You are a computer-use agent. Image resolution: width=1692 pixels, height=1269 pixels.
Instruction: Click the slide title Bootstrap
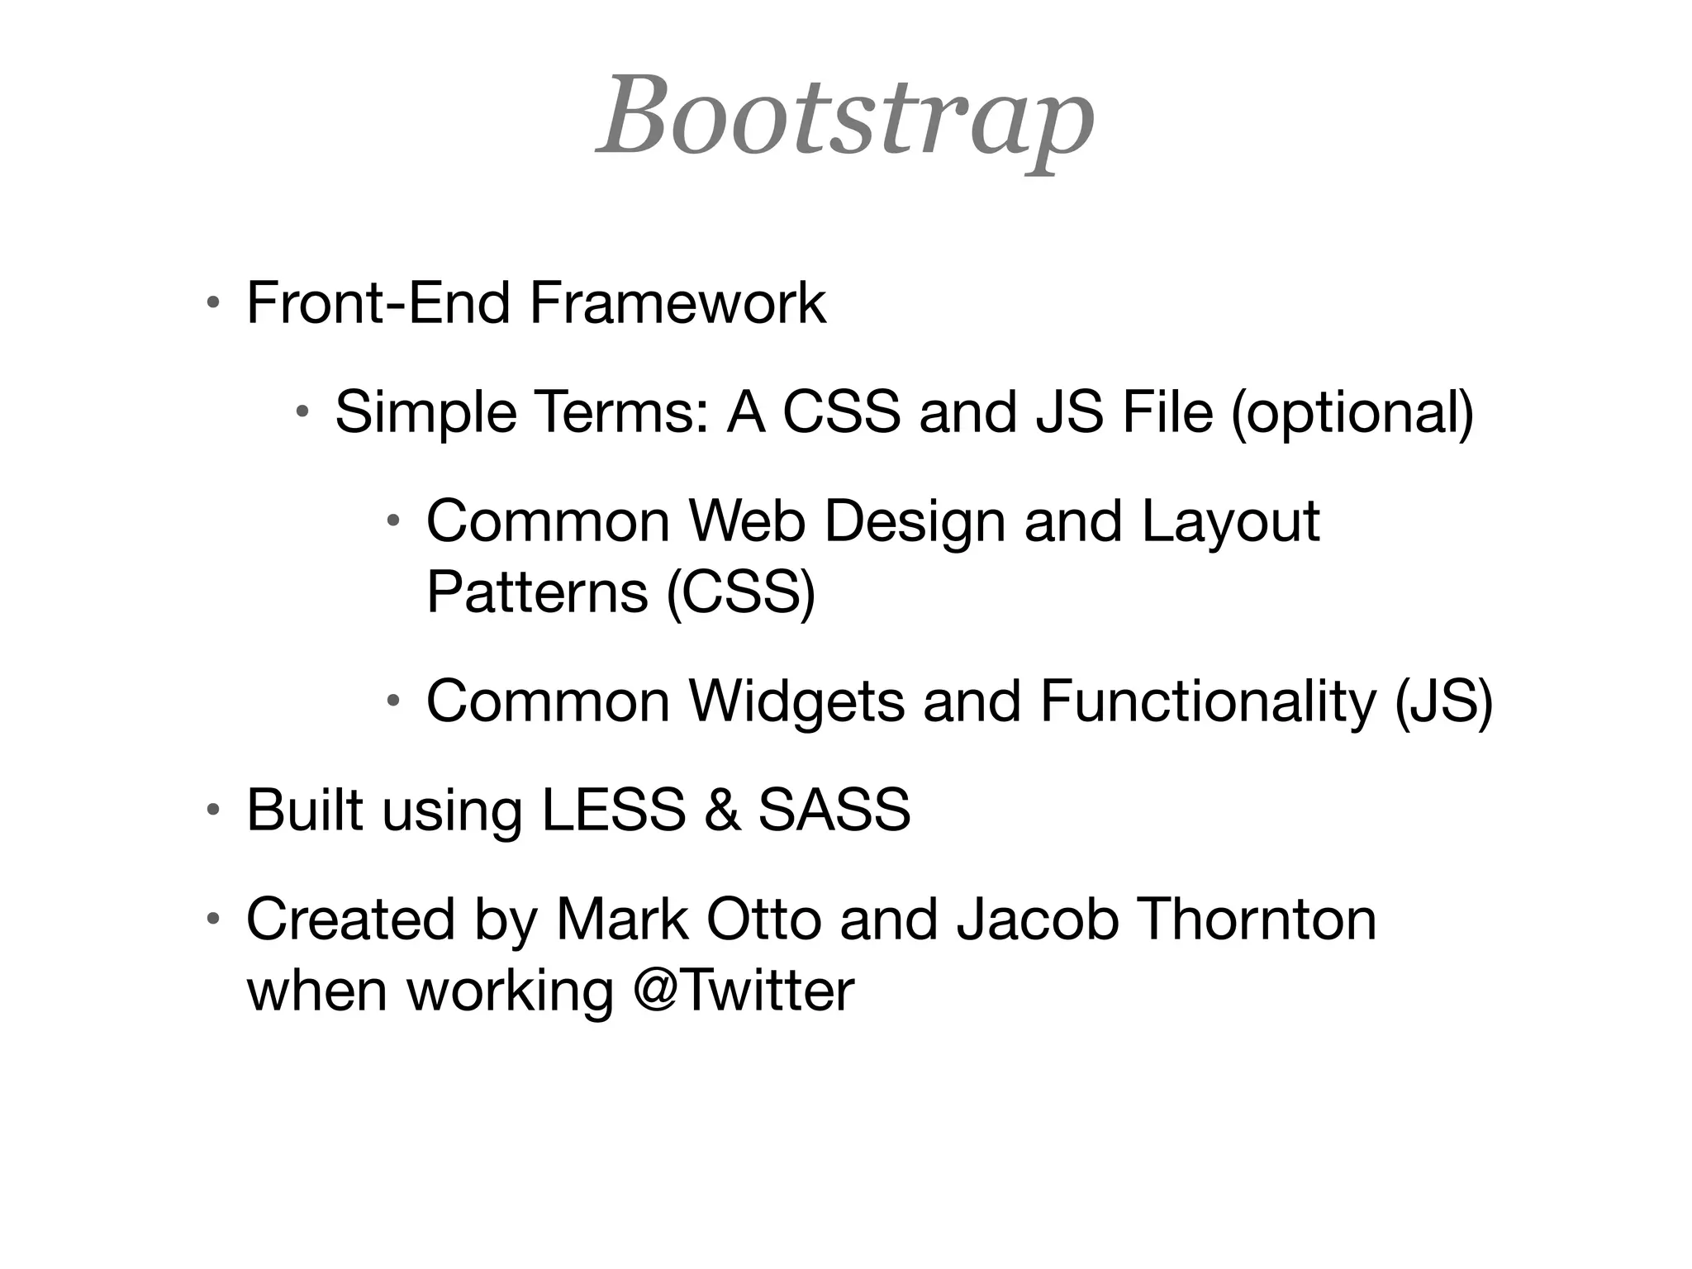click(845, 118)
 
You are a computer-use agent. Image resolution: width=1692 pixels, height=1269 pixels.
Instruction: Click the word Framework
click(677, 303)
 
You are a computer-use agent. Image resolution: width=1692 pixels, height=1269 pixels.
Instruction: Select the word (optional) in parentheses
click(1352, 412)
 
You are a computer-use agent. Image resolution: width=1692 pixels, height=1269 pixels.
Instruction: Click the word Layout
click(1230, 521)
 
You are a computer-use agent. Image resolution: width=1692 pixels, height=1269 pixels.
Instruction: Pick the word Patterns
click(537, 592)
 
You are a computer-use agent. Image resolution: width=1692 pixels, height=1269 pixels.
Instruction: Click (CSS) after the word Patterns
click(740, 592)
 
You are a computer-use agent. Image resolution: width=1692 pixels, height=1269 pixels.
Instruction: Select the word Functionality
click(1207, 701)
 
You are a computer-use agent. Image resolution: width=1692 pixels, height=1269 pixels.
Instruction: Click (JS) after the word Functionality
click(1443, 701)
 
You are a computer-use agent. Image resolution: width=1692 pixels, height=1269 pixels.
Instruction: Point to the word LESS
click(613, 810)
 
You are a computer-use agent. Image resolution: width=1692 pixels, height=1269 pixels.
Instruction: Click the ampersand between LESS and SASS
click(721, 810)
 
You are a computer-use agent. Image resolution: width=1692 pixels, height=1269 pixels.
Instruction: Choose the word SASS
click(834, 810)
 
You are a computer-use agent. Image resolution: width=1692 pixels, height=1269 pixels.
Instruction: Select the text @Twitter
click(743, 990)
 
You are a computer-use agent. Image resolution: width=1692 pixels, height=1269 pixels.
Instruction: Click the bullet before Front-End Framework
click(213, 303)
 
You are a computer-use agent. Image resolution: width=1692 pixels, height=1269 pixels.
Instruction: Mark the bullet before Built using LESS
click(213, 810)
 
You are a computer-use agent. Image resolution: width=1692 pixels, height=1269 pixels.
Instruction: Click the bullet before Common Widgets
click(393, 701)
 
